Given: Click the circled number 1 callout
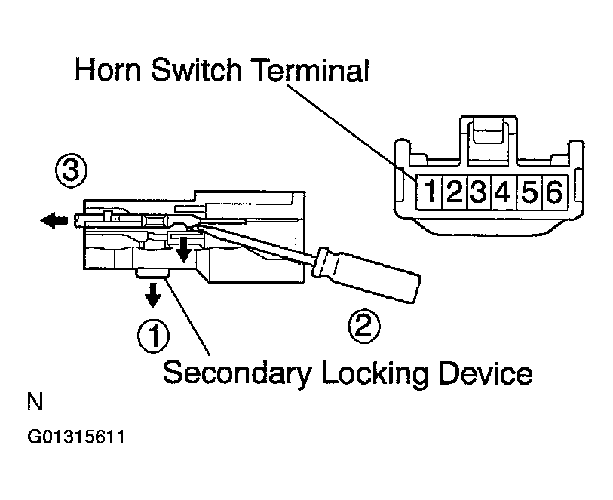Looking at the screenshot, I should point(152,335).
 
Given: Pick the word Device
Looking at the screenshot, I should point(482,373).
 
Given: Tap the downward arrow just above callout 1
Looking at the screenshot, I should point(153,296).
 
